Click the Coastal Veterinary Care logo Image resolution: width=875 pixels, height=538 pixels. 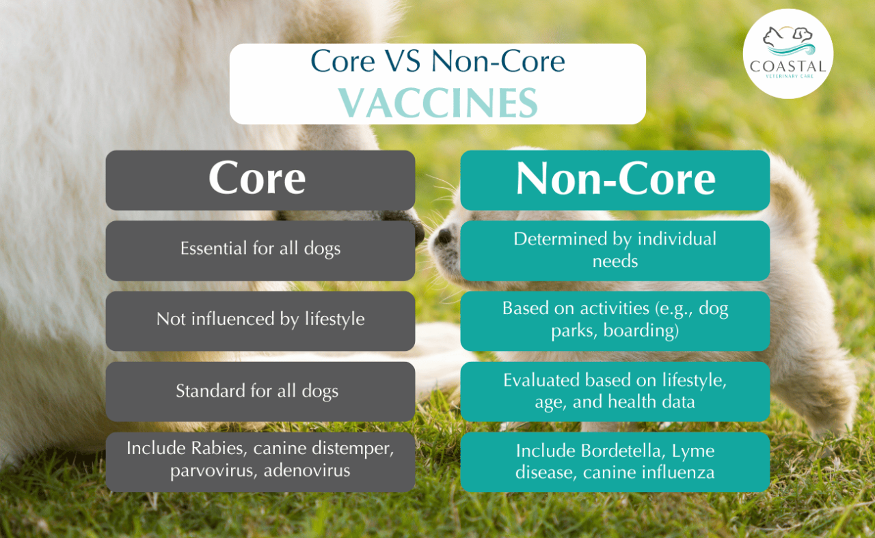787,54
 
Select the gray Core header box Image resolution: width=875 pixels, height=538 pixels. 260,180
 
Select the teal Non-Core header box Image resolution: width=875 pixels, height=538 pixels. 615,180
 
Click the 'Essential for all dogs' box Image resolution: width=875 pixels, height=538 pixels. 260,250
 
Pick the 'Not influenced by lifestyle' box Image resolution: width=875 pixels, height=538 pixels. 260,320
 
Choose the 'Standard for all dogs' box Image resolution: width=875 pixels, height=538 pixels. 260,391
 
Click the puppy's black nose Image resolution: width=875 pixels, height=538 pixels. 444,237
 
